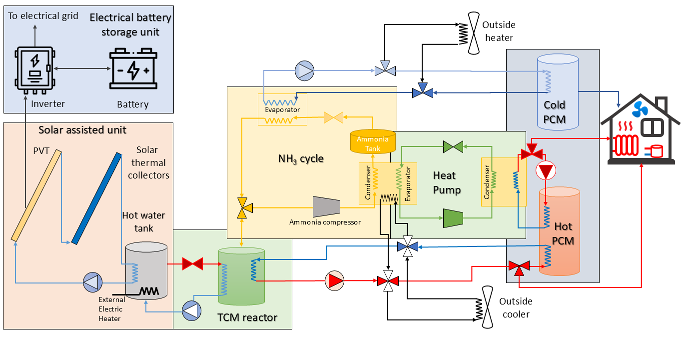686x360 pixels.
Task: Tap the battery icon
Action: click(x=132, y=69)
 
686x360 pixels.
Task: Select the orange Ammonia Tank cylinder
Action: click(x=373, y=141)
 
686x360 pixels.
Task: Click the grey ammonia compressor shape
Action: click(x=326, y=206)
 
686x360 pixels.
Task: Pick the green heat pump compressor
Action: click(x=453, y=217)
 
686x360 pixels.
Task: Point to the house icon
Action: click(x=641, y=131)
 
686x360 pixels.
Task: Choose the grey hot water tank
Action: click(x=146, y=270)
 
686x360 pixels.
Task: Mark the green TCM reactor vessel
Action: click(x=241, y=276)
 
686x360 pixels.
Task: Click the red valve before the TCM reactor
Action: click(x=192, y=263)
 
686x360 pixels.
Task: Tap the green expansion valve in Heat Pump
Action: click(x=453, y=146)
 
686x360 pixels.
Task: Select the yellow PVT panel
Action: click(x=36, y=194)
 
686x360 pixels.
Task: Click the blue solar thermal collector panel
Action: click(x=96, y=198)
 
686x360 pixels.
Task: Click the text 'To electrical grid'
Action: click(x=43, y=15)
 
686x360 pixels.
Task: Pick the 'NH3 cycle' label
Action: click(x=301, y=159)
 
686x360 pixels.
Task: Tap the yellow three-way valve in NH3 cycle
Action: click(x=242, y=207)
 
